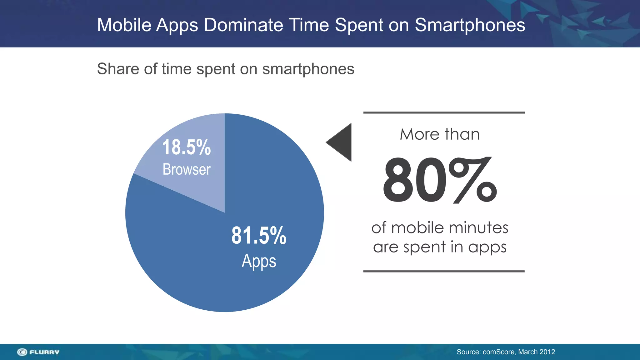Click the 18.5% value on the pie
click(187, 147)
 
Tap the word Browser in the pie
click(187, 169)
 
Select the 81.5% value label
click(259, 236)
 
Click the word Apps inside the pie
click(259, 261)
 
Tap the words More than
click(440, 134)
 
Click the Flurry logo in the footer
click(38, 352)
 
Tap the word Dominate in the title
click(243, 25)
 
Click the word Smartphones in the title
click(470, 25)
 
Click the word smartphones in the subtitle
click(308, 69)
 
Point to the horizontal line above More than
click(444, 112)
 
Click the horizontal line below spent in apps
click(444, 271)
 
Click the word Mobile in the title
click(124, 25)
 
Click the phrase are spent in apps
click(440, 247)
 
